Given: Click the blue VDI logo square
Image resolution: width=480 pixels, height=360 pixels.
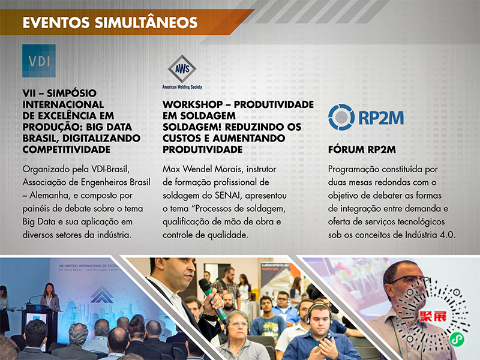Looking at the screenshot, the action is point(39,61).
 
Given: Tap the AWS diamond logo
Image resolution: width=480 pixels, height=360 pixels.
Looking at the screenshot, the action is point(182,68).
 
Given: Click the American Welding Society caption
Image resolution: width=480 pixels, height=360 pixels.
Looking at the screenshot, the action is point(182,87).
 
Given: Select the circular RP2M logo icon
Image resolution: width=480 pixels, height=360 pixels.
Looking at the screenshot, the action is point(341,117).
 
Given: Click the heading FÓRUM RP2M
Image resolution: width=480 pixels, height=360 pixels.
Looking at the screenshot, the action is point(362,149).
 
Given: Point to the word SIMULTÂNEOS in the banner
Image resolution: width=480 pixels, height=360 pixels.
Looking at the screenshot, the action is point(146,23).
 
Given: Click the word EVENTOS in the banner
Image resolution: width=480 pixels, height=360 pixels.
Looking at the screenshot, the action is point(56,23).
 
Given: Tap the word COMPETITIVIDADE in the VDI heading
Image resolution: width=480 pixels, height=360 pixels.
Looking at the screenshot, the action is point(67,149).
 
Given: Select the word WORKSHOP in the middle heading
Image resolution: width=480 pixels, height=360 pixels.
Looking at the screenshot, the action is point(193,104).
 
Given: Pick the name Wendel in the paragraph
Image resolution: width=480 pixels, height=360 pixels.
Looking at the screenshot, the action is point(197,169).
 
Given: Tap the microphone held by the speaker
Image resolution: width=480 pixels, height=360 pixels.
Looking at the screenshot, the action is point(212,301).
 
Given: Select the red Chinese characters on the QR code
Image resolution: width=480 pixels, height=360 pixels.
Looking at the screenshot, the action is point(433,316).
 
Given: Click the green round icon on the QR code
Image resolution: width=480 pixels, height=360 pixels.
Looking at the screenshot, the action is point(457,339).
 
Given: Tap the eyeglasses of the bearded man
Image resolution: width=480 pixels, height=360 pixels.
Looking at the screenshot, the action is point(409,279).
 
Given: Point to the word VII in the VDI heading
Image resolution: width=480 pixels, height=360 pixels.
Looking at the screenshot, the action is point(29,93).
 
